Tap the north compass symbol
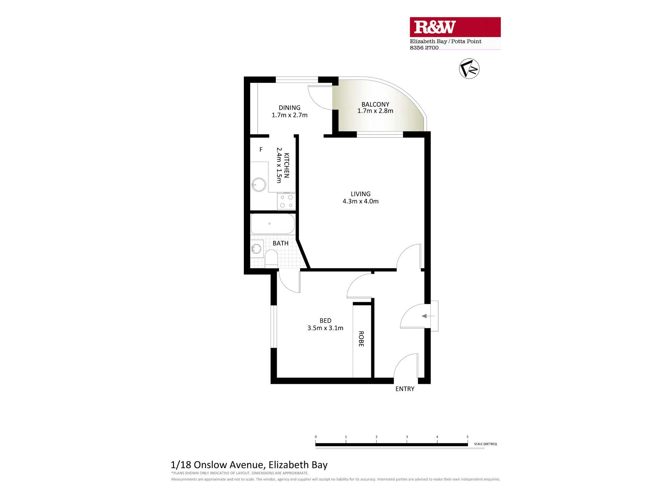pos(469,69)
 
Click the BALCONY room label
pos(375,104)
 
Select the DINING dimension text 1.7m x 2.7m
pos(289,115)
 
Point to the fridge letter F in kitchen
pos(261,150)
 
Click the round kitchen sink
pos(259,184)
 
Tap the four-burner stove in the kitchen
pos(286,201)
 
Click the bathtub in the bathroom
pos(273,224)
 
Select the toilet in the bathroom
pos(271,258)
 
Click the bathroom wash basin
pos(257,249)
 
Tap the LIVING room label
pos(360,194)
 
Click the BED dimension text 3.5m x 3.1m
pos(325,328)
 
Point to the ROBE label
pos(361,339)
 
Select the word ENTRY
pos(405,389)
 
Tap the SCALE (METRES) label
pos(485,444)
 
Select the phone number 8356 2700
pos(424,48)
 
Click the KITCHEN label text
pos(286,165)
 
